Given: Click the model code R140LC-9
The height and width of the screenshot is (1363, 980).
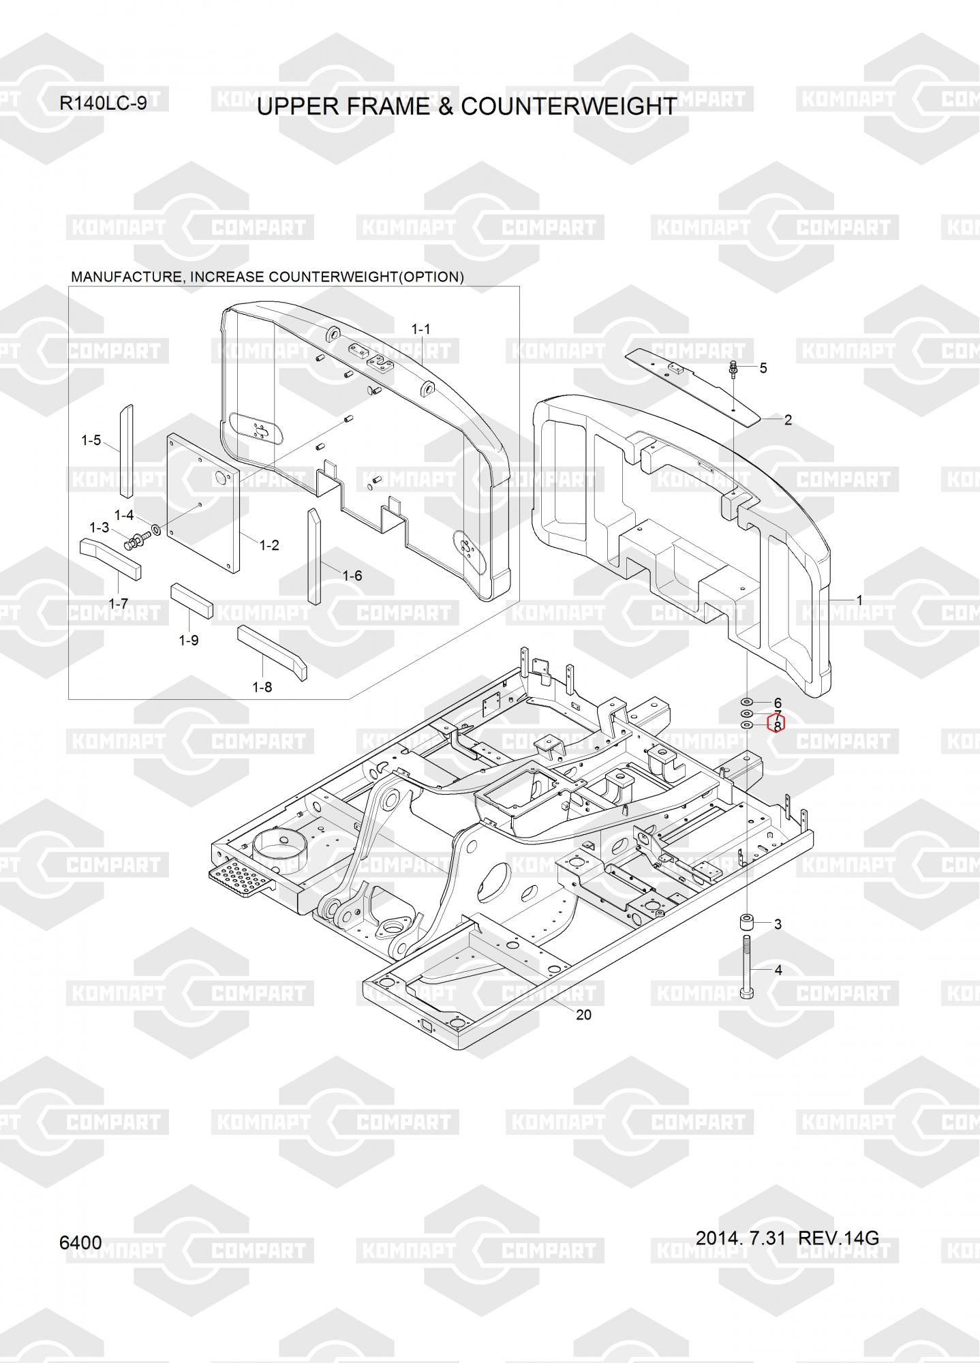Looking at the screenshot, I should tap(103, 104).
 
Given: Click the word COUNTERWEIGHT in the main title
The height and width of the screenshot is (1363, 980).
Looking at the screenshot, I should tap(569, 106).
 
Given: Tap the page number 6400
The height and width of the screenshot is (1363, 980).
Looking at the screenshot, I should tap(80, 1242).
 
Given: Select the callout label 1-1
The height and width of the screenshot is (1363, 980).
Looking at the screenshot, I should tap(420, 329).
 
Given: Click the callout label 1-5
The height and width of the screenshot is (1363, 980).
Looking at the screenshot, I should tap(91, 440).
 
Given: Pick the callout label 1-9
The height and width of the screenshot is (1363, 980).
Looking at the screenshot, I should tap(189, 641).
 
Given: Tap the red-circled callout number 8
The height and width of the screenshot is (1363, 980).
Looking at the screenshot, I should tap(777, 726).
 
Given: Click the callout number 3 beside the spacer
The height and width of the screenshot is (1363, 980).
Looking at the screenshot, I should tap(778, 924).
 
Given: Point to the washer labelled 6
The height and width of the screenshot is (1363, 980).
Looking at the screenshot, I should tap(747, 702).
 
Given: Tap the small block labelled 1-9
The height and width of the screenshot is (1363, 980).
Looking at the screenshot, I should tap(192, 599).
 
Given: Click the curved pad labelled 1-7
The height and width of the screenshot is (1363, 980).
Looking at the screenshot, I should tap(110, 556).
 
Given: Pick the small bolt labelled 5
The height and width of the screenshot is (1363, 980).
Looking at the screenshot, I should tap(733, 368).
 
